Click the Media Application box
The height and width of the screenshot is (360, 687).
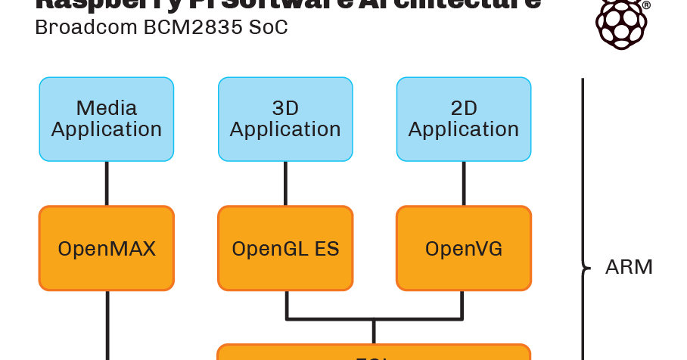coord(107,119)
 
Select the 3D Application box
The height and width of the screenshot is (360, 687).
coord(285,119)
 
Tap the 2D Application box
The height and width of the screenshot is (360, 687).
coord(464,119)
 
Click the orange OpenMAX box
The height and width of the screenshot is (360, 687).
coord(107,248)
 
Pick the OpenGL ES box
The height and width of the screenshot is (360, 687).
coord(285,248)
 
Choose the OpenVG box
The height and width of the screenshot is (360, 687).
coord(464,248)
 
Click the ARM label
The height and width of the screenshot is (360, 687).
coord(629,267)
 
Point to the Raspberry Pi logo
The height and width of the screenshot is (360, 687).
coord(620,23)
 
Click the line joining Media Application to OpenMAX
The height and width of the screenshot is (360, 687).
coord(107,183)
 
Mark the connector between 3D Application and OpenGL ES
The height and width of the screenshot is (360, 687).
coord(285,183)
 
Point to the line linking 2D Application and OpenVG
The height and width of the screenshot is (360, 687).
coord(464,183)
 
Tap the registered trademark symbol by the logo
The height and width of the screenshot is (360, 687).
coord(646,5)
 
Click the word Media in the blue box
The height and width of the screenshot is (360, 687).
coord(107,108)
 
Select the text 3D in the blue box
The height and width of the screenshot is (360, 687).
coord(285,108)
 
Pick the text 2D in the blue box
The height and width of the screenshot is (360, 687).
coord(464,108)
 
